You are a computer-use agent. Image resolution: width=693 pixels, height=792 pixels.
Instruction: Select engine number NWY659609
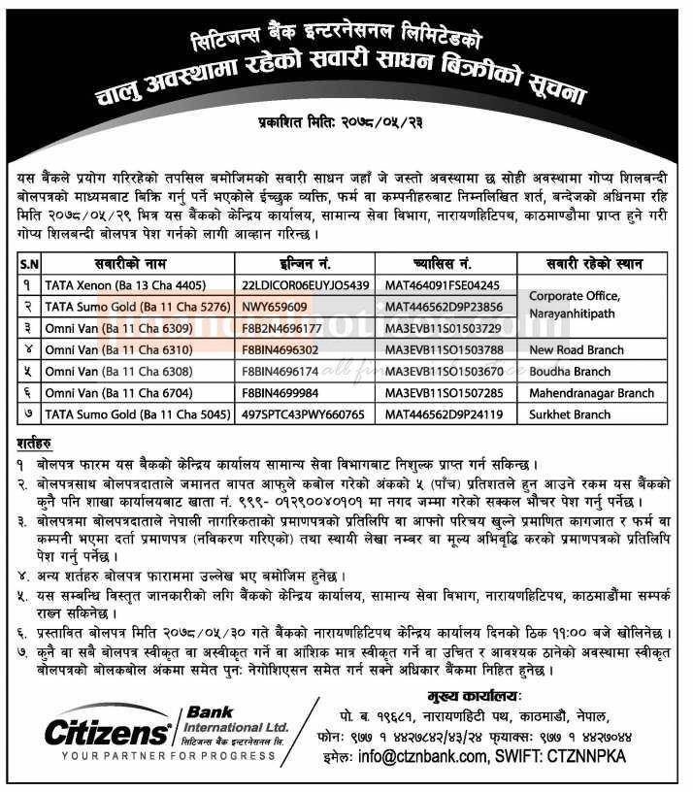(275, 306)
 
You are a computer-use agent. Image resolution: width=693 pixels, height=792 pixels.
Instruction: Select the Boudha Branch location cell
(570, 372)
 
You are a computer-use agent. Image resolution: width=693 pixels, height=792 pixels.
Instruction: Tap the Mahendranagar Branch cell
(590, 393)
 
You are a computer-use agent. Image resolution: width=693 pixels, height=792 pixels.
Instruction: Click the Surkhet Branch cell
(570, 414)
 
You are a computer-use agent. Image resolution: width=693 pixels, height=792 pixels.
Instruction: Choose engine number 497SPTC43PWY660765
(303, 414)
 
